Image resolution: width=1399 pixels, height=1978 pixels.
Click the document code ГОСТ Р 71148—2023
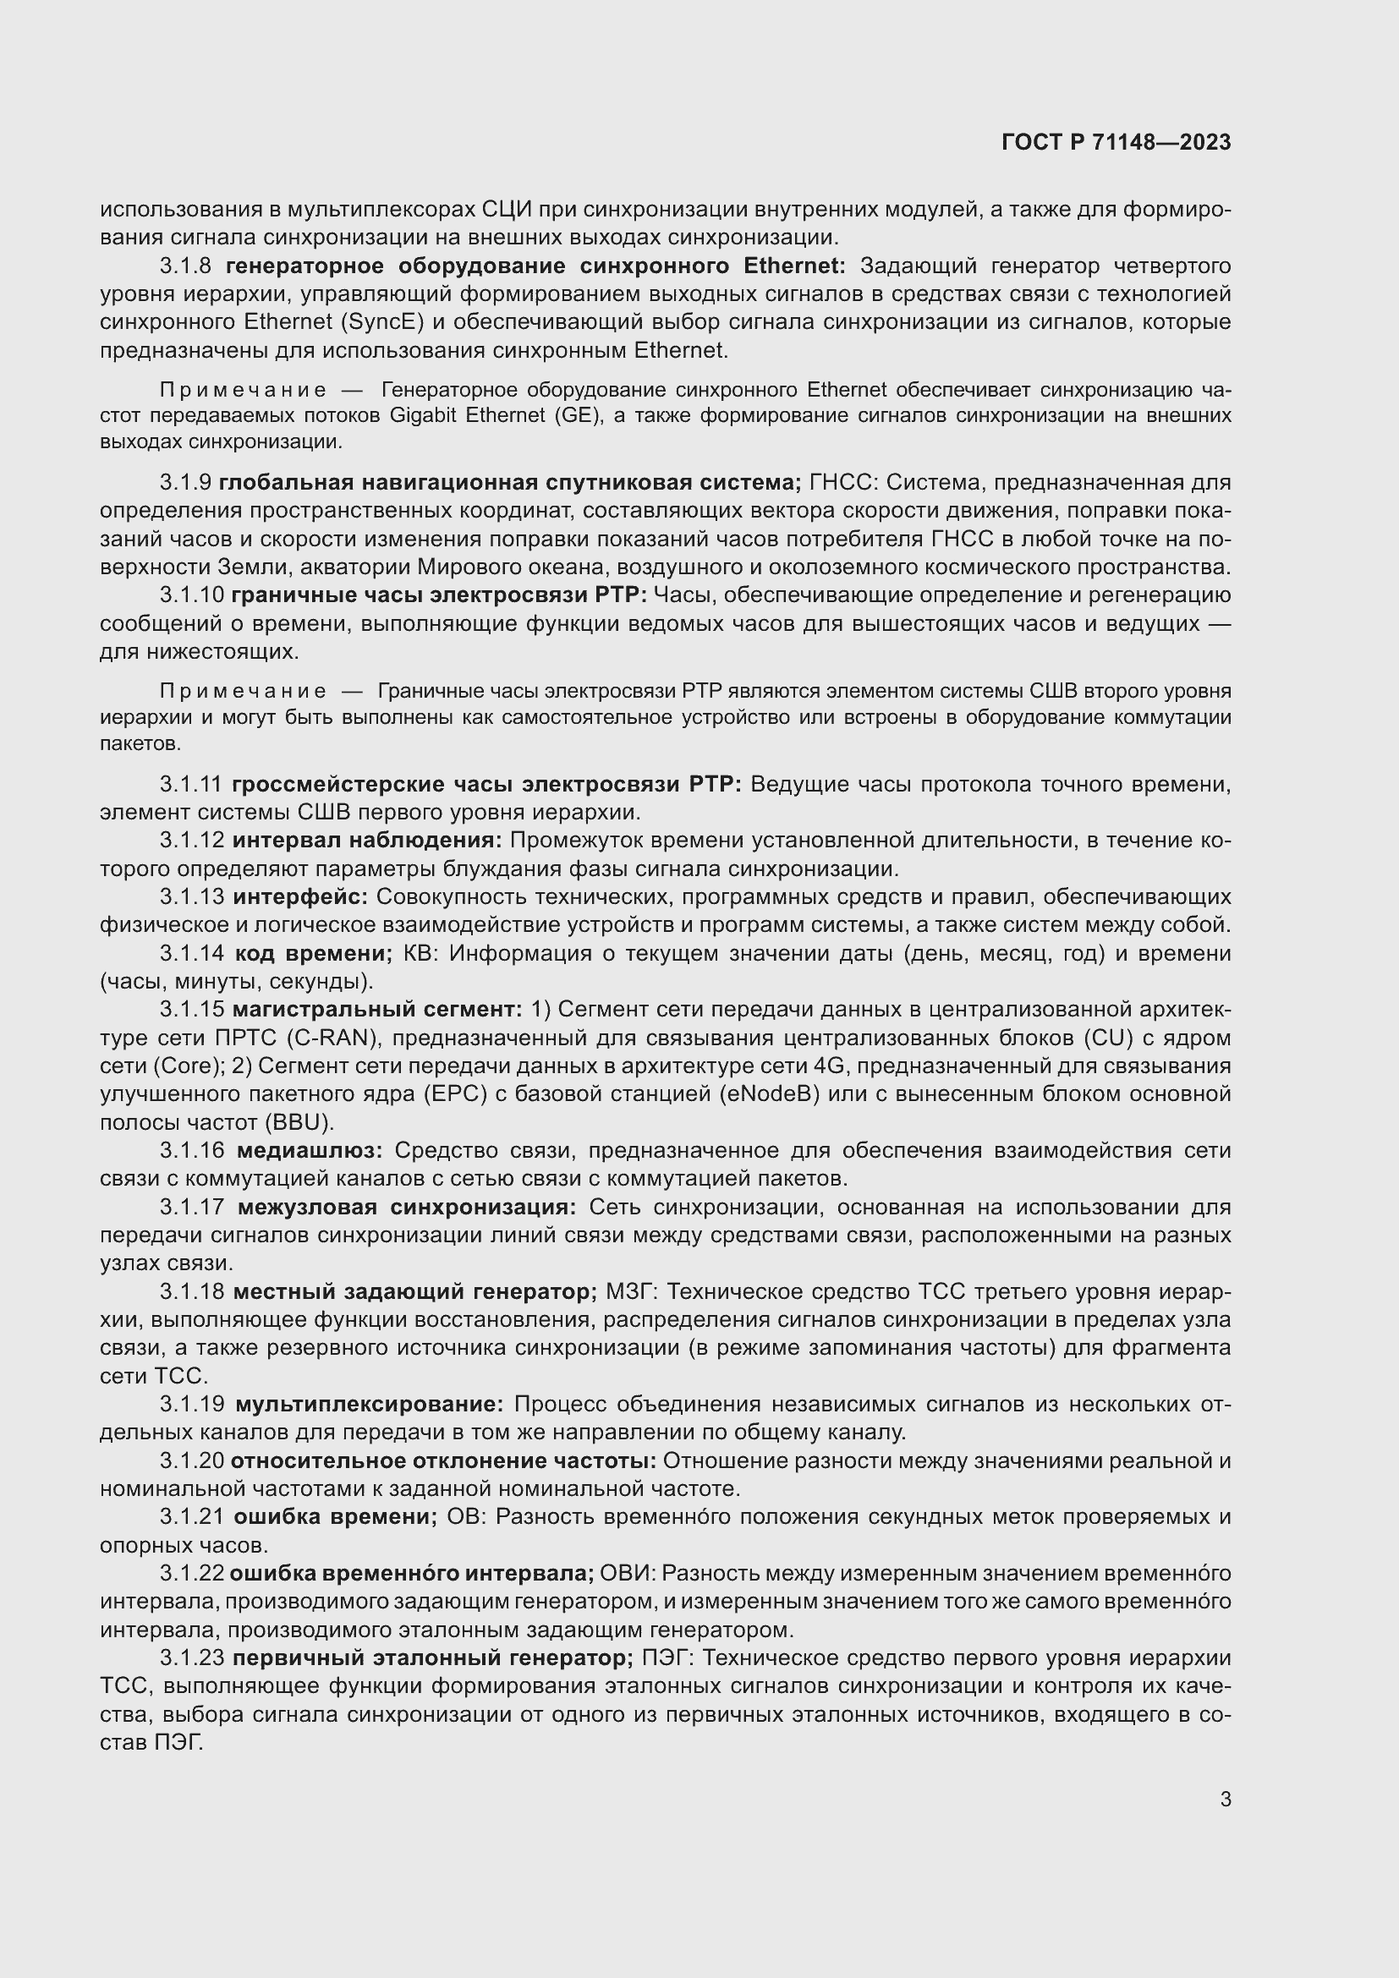point(1116,143)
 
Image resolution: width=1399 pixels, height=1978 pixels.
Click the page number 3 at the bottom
point(1225,1799)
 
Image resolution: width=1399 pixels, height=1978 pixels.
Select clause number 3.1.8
point(185,266)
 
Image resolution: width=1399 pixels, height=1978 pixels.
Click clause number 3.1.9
point(185,482)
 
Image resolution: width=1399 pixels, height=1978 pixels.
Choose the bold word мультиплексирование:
point(370,1405)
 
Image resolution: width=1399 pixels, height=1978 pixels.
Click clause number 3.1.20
point(191,1462)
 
